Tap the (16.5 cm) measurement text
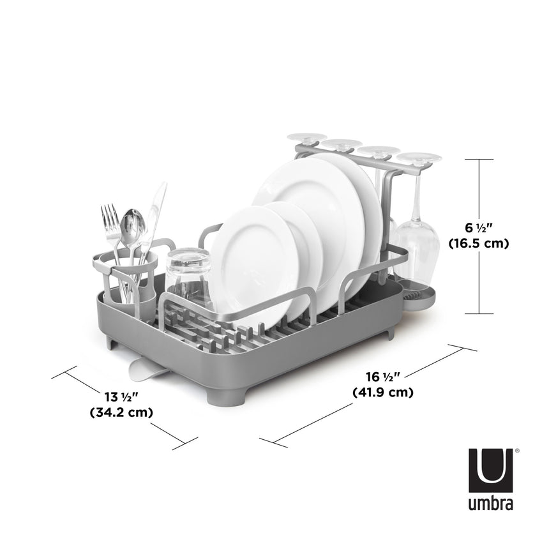478,243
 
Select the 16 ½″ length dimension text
382,377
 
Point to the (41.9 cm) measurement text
383,393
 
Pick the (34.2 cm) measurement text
121,412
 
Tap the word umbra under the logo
491,504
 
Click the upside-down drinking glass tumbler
190,274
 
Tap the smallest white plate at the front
255,255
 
